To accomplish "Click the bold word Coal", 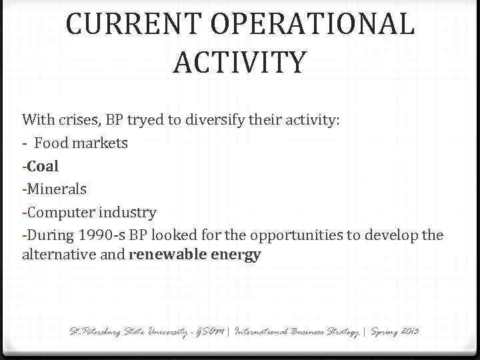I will coord(43,166).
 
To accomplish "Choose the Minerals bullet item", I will coord(57,189).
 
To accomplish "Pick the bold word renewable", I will coord(168,255).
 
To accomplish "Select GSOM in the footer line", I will coord(209,331).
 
